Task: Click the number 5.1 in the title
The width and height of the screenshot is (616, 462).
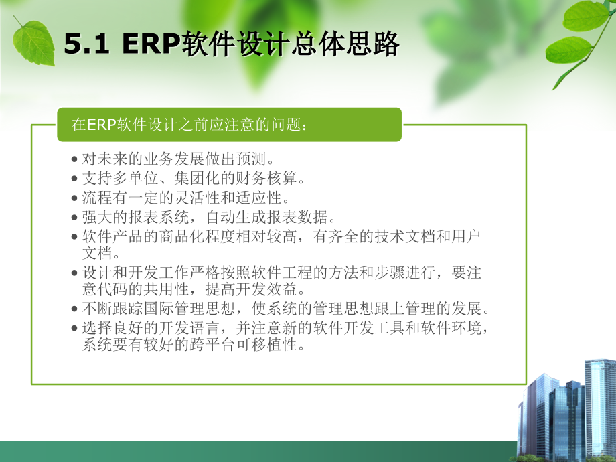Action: click(86, 44)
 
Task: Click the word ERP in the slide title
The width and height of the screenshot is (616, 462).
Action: click(151, 44)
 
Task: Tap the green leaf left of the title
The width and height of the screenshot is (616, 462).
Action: click(33, 42)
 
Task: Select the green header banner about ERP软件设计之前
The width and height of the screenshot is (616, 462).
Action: click(230, 125)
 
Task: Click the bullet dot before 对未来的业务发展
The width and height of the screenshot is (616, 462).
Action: click(74, 159)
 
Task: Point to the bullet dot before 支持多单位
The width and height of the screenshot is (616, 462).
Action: click(74, 179)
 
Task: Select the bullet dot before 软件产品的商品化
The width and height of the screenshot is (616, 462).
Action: click(74, 237)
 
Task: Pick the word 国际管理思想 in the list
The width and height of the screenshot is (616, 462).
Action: click(189, 309)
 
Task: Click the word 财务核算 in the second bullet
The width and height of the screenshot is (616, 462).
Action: click(266, 179)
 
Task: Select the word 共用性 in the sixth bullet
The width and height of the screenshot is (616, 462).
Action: click(167, 289)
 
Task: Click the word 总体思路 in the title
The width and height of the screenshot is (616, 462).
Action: click(345, 44)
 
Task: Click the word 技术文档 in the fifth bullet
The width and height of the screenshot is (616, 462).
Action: click(405, 236)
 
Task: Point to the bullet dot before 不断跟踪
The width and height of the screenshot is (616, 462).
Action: click(74, 309)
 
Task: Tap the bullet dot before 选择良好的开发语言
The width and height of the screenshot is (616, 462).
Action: click(74, 328)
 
